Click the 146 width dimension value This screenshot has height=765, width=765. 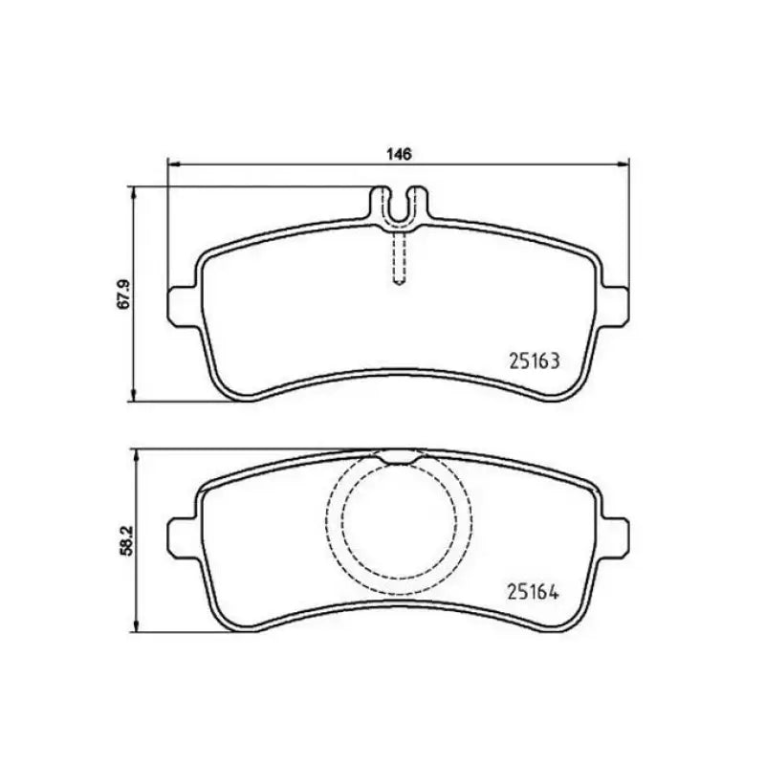pos(399,153)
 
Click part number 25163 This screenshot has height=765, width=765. pos(531,362)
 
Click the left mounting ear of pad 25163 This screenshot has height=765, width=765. pos(183,304)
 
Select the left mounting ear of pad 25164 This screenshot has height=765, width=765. pos(183,532)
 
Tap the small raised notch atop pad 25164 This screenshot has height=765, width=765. pos(399,457)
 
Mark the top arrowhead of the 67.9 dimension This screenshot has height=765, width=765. pos(134,192)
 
